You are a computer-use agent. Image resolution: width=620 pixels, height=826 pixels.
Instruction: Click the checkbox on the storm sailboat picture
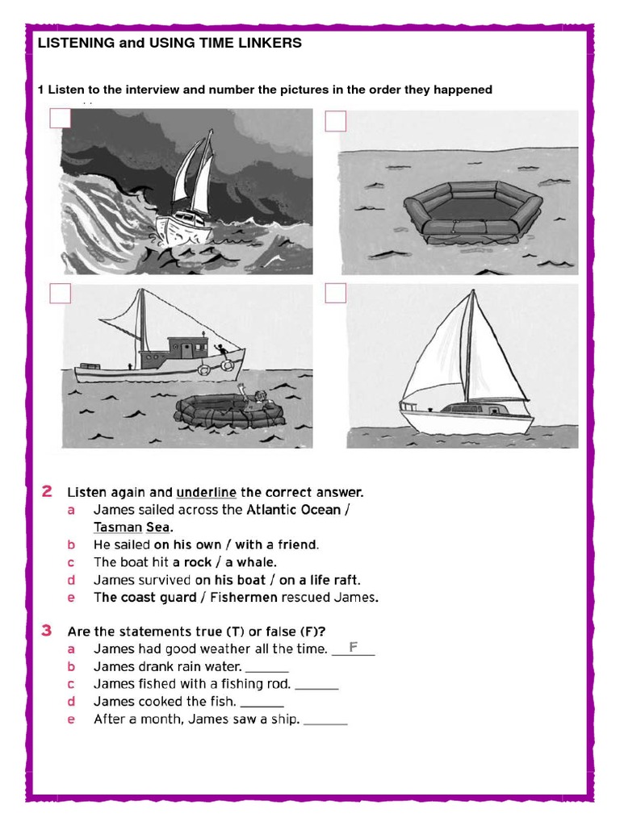[61, 119]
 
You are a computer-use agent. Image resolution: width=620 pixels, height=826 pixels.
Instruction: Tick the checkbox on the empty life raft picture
[336, 121]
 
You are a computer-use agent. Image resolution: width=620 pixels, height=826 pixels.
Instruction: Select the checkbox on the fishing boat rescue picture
[61, 293]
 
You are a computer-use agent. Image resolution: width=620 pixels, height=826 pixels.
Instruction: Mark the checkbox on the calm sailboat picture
[336, 293]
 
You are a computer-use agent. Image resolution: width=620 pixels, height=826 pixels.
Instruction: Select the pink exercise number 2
[48, 491]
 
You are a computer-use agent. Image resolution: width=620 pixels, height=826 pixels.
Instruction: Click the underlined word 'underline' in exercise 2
[207, 492]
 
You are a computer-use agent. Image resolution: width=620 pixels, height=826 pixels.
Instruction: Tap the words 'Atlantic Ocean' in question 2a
[293, 510]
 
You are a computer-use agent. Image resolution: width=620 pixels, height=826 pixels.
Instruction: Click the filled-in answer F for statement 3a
[353, 647]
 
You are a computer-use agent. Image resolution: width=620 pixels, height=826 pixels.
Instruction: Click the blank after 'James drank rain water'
[266, 667]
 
